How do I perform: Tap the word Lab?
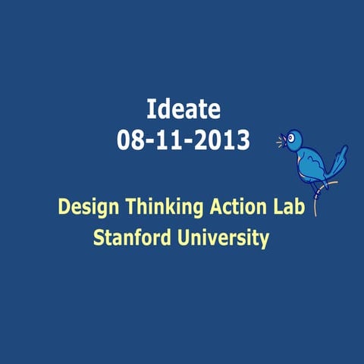(289, 206)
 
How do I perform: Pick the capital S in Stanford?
(99, 238)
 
